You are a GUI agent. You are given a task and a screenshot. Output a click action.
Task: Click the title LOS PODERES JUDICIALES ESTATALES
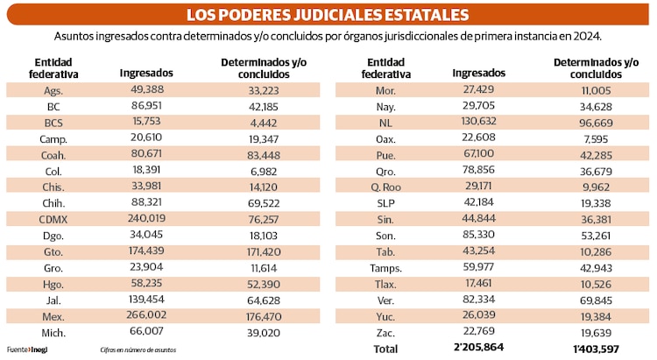(328, 15)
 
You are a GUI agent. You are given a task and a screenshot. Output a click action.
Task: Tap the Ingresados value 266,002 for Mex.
(146, 314)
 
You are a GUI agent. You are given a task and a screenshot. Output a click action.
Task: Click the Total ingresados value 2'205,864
(478, 348)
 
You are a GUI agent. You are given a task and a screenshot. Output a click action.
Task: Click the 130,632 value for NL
(478, 122)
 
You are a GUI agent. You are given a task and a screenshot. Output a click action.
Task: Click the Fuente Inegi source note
(25, 349)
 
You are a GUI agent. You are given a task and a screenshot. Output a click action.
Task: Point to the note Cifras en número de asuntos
(138, 349)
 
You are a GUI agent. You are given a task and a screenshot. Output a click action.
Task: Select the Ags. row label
(53, 90)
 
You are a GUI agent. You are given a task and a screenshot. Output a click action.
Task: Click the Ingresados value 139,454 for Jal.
(146, 299)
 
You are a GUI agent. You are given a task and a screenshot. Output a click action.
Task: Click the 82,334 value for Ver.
(478, 299)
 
